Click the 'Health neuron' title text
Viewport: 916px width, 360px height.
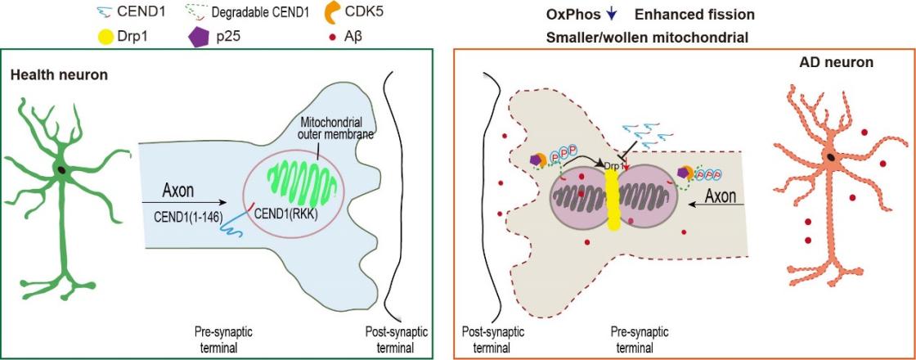(x=59, y=76)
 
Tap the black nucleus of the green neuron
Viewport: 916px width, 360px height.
(x=62, y=169)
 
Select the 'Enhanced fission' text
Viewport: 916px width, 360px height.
(x=694, y=15)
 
